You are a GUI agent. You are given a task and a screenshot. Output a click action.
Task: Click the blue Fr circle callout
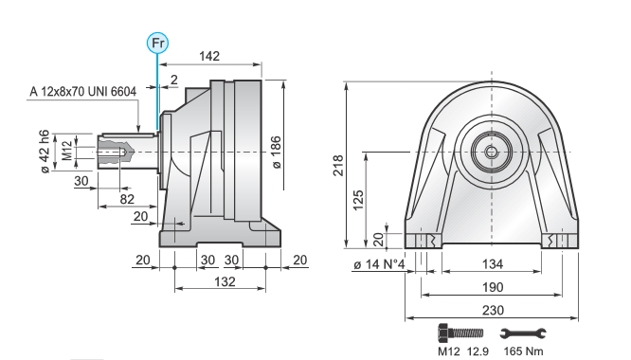157,43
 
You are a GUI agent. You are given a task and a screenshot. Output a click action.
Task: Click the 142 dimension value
209,56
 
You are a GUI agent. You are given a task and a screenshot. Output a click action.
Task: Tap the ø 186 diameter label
276,153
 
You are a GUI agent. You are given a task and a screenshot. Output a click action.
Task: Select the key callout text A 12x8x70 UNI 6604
83,92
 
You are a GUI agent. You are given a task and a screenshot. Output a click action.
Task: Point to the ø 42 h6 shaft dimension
45,152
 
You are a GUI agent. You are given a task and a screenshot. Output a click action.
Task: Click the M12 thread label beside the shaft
67,150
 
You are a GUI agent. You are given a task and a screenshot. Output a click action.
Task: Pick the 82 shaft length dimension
127,199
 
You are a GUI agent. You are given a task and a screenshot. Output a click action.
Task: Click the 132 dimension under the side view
225,281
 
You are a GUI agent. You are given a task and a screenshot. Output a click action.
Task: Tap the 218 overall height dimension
338,165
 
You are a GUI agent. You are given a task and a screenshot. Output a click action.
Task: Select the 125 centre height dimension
358,200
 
